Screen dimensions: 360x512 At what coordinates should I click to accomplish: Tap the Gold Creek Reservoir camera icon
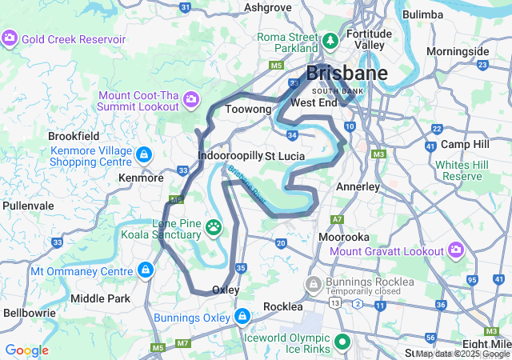pyautogui.click(x=10, y=38)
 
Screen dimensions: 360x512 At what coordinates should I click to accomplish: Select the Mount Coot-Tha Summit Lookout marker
pyautogui.click(x=191, y=99)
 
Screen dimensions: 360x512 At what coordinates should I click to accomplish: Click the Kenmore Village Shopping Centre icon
pyautogui.click(x=143, y=154)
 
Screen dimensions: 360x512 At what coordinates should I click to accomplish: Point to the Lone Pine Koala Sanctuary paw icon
pyautogui.click(x=214, y=228)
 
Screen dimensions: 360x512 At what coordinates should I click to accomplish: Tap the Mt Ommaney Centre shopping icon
pyautogui.click(x=145, y=271)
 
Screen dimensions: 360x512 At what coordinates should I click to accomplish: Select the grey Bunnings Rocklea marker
pyautogui.click(x=314, y=284)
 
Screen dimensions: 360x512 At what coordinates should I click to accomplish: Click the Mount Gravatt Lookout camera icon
pyautogui.click(x=456, y=251)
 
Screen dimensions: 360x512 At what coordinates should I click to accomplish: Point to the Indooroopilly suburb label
pyautogui.click(x=230, y=154)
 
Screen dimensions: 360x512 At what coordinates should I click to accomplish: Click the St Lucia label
pyautogui.click(x=282, y=154)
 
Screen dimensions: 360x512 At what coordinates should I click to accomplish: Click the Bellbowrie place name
pyautogui.click(x=30, y=313)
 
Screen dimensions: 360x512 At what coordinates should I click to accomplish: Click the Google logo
pyautogui.click(x=26, y=350)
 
